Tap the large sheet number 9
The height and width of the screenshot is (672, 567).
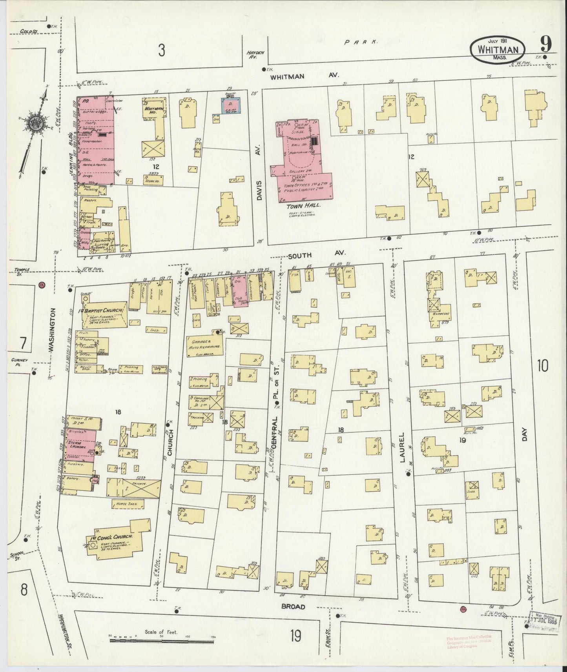545,44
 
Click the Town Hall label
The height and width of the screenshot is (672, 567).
299,205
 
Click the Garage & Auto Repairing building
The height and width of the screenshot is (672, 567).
205,344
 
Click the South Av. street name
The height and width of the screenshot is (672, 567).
299,255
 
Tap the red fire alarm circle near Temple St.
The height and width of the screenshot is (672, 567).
42,285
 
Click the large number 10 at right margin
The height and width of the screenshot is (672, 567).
543,366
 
